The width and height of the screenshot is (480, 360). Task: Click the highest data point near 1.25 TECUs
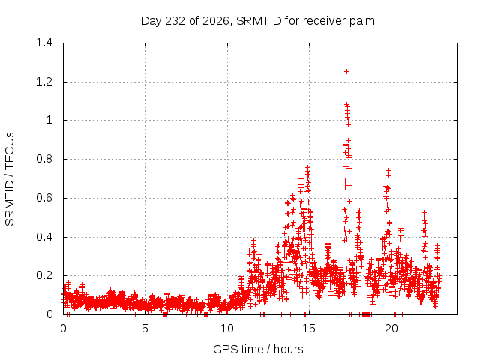click(346, 72)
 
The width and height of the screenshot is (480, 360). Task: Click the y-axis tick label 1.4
click(44, 43)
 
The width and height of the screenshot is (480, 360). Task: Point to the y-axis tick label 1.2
click(44, 82)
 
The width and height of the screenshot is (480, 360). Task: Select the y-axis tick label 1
click(49, 120)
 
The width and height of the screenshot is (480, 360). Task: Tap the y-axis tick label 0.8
click(44, 159)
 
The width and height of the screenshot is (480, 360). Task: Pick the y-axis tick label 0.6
click(44, 198)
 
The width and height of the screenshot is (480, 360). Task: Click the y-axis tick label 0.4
click(44, 237)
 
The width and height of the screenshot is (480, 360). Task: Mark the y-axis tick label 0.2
click(44, 275)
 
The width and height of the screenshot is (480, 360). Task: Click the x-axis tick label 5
click(145, 328)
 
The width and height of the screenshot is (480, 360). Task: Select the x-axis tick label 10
click(227, 328)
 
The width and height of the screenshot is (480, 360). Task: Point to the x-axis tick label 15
click(309, 328)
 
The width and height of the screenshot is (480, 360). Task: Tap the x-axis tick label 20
click(391, 328)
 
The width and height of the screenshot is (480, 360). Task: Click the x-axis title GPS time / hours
click(258, 349)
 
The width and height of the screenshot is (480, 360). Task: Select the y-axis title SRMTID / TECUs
click(10, 179)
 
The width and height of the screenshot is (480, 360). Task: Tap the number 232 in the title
click(175, 21)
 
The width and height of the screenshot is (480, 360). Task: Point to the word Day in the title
click(151, 22)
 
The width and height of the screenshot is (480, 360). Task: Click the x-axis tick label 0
click(63, 328)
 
